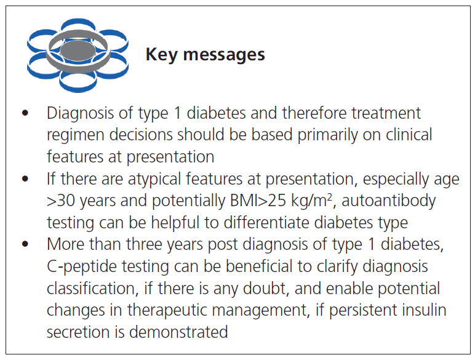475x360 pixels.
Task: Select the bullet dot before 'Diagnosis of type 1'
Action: [25, 114]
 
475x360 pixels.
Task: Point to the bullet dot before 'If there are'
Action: [25, 180]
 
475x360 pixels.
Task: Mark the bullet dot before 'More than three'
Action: [25, 244]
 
